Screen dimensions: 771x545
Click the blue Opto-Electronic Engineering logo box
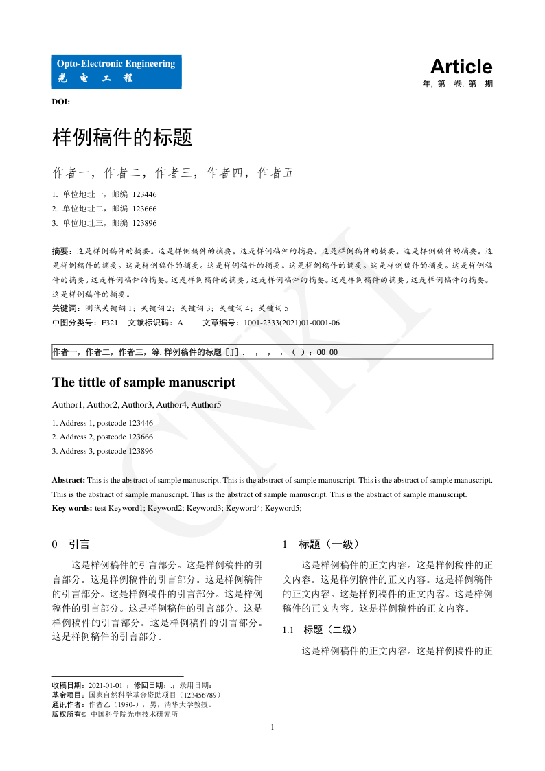(117, 71)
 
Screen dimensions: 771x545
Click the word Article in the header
(461, 67)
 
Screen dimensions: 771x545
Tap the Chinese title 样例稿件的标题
(121, 138)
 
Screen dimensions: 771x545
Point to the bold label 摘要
(61, 251)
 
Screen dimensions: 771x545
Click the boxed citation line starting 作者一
(272, 352)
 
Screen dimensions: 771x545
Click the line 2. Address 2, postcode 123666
(102, 437)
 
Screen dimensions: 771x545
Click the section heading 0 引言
(71, 544)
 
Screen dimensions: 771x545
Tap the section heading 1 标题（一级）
(321, 544)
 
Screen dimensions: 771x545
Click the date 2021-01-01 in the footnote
(106, 685)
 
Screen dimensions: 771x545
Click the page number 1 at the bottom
(272, 727)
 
